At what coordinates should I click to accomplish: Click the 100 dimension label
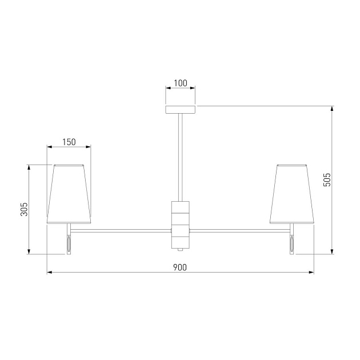[x=181, y=83]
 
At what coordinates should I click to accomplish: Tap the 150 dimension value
[x=69, y=142]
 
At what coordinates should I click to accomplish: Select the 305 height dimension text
[x=24, y=209]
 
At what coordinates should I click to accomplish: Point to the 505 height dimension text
[x=327, y=180]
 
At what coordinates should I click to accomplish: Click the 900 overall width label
[x=180, y=267]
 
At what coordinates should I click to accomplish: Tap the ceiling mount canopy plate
[x=181, y=110]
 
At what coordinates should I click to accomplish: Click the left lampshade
[x=69, y=194]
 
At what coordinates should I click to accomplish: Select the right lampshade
[x=292, y=194]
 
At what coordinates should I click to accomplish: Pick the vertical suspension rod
[x=181, y=158]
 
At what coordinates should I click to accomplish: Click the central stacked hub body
[x=181, y=225]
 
